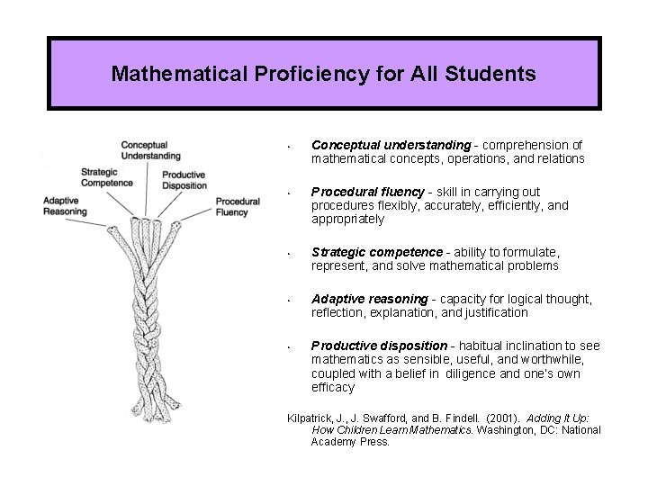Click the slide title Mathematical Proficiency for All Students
(x=323, y=73)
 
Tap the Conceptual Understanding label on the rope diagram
(x=150, y=150)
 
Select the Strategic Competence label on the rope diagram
(x=107, y=177)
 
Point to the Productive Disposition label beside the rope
(x=184, y=180)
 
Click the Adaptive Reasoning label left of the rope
(x=65, y=206)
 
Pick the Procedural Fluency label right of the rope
(x=238, y=207)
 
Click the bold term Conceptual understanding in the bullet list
(x=391, y=145)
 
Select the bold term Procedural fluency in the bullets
(x=367, y=192)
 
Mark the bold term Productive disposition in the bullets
(x=379, y=346)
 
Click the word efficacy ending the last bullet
(x=333, y=388)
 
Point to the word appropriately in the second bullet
(x=347, y=220)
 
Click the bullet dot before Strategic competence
(x=285, y=253)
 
